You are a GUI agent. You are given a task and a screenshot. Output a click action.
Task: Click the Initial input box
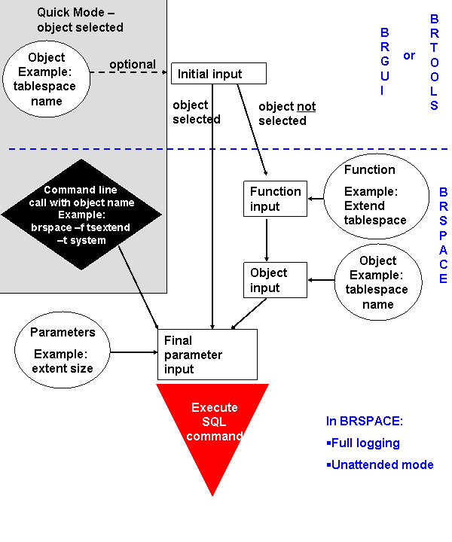(218, 73)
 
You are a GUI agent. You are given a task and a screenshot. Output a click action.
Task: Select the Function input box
(275, 199)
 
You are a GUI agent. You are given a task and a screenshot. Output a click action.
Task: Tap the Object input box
(275, 280)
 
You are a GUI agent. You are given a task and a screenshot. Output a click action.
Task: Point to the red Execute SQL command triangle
(213, 429)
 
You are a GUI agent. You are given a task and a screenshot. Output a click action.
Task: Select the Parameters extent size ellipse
(63, 350)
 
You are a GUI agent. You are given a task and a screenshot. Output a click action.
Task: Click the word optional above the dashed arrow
(133, 64)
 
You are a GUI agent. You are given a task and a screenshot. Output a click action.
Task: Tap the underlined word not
(306, 107)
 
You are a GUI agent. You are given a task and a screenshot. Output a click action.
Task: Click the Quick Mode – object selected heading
(80, 20)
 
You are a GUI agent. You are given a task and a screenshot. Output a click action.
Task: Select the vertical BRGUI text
(385, 62)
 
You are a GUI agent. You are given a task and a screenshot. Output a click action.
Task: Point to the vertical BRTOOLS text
(434, 62)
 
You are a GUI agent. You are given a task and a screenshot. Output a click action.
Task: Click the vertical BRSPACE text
(444, 235)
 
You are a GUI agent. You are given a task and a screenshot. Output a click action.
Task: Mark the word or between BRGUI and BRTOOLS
(409, 55)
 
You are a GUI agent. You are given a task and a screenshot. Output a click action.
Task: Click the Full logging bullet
(365, 443)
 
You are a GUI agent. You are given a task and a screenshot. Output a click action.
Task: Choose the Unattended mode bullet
(380, 464)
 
